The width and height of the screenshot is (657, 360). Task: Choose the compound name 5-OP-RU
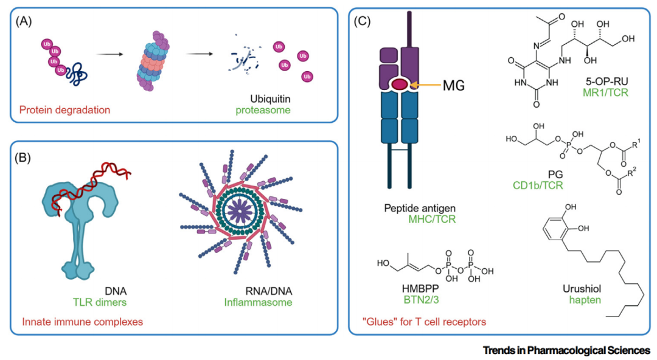[587, 83]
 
